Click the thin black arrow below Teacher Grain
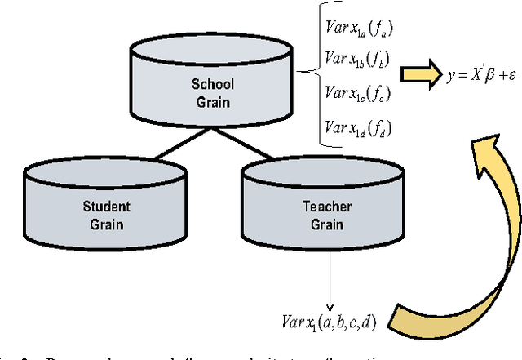coord(330,273)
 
